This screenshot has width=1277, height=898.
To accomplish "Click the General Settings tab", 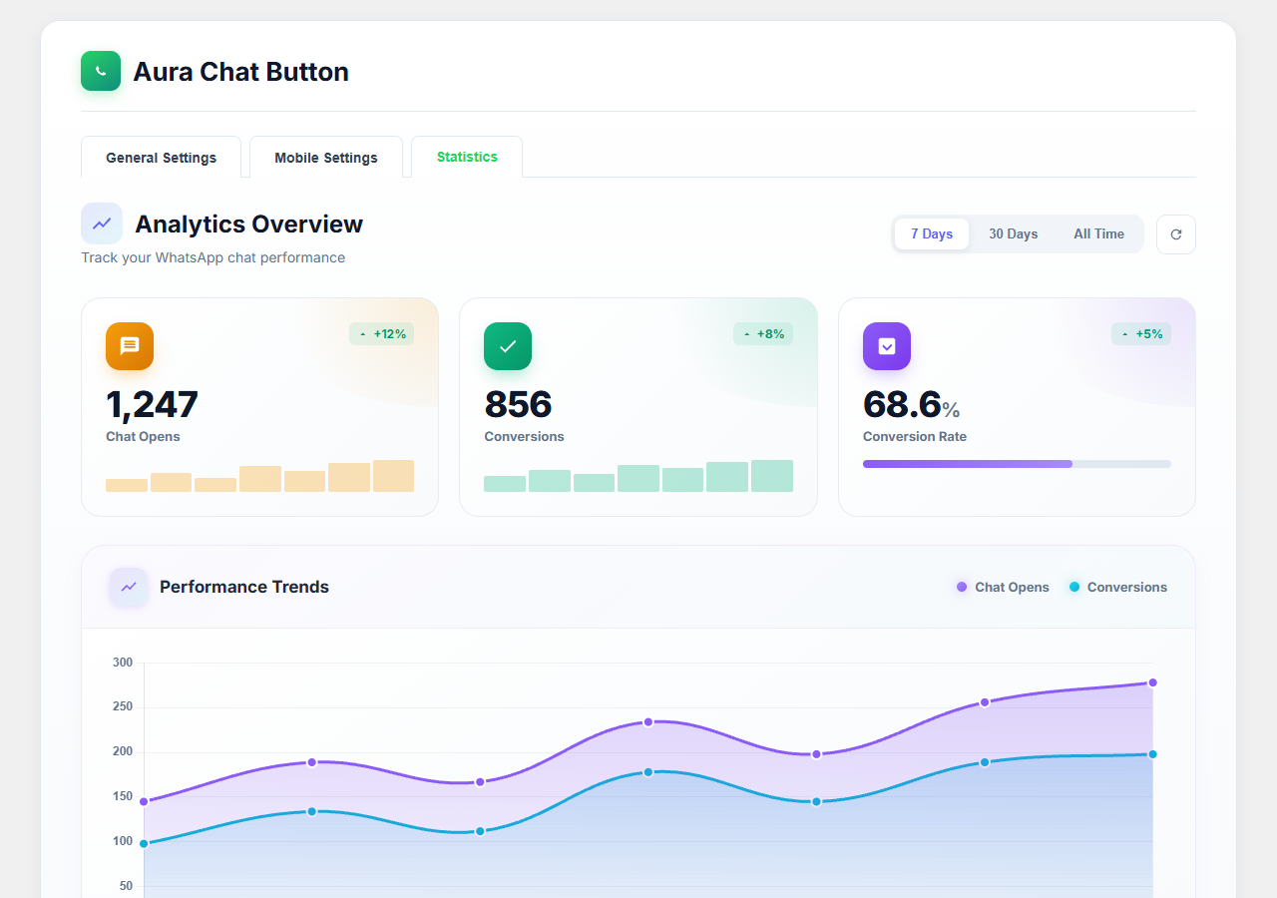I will tap(161, 158).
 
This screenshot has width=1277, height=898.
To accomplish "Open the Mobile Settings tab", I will tap(326, 158).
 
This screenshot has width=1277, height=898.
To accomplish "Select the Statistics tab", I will tap(467, 157).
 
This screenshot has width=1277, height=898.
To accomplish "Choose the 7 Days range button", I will tap(932, 233).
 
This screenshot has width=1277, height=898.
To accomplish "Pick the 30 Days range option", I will tap(1013, 233).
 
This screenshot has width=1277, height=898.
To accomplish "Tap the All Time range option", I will tap(1098, 233).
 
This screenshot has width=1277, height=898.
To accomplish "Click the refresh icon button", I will tap(1175, 234).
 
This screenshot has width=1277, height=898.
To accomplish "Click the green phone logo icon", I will tap(101, 71).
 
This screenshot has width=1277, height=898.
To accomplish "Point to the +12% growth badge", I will tap(381, 334).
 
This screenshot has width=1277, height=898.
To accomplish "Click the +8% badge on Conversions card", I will tap(763, 334).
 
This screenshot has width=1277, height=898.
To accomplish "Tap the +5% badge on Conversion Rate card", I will tap(1141, 334).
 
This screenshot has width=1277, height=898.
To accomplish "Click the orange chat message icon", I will tap(130, 346).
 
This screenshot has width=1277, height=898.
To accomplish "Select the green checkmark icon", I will tap(508, 346).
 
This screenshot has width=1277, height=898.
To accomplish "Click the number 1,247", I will tap(152, 404).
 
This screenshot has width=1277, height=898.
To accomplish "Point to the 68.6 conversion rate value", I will tap(902, 404).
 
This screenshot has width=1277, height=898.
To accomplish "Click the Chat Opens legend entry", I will tap(1003, 587).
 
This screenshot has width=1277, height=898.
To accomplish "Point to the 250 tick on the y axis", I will tap(123, 706).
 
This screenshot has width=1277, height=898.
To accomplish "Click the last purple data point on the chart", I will tap(1152, 682).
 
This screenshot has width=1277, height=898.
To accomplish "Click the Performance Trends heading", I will tap(244, 587).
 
